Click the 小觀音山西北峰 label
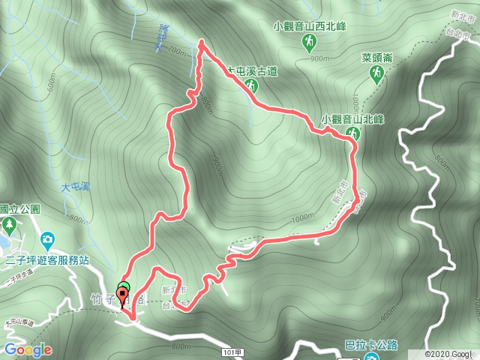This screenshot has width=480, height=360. [310, 25]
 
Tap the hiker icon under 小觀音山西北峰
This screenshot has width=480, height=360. [309, 43]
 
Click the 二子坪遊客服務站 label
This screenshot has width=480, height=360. [46, 260]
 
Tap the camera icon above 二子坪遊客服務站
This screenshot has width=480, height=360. [46, 240]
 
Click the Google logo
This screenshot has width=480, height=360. [27, 349]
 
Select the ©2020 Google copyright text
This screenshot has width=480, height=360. [450, 354]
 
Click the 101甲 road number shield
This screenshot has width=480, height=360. [232, 349]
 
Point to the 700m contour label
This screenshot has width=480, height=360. [176, 51]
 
